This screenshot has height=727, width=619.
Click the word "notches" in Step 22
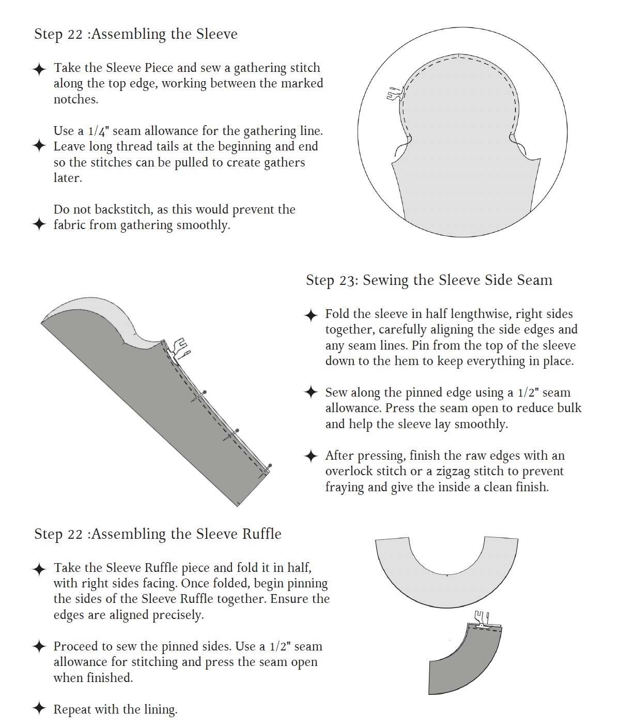click(x=75, y=99)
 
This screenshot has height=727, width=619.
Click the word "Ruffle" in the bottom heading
click(x=261, y=534)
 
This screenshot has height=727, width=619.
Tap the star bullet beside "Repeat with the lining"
click(x=39, y=709)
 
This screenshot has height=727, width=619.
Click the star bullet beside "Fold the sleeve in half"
click(x=311, y=315)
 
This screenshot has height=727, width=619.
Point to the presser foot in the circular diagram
click(x=395, y=94)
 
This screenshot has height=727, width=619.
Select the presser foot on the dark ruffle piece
click(x=482, y=620)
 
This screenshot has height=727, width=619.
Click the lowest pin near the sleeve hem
click(x=266, y=471)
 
